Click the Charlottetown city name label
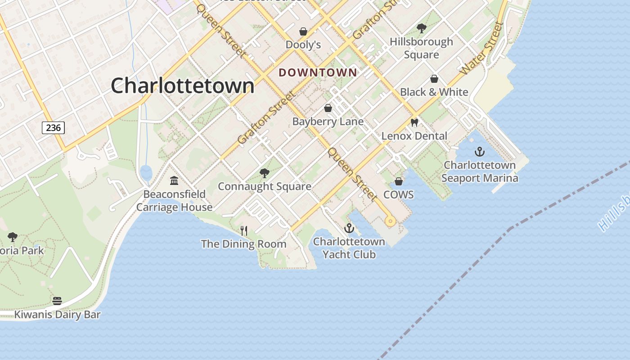click(x=182, y=85)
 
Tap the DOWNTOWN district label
click(x=318, y=72)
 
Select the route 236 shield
click(x=54, y=128)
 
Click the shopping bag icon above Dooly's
click(x=303, y=31)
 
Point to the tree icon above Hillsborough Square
click(x=421, y=28)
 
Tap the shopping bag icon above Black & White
click(x=434, y=79)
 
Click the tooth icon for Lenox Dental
click(x=414, y=122)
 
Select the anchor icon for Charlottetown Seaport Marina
click(x=480, y=152)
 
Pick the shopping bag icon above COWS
click(x=398, y=181)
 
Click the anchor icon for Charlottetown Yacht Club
click(x=349, y=229)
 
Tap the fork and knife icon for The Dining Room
click(x=244, y=230)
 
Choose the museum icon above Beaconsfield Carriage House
click(x=174, y=181)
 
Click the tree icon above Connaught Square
click(x=265, y=173)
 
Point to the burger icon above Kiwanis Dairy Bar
click(x=57, y=301)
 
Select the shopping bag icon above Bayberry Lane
click(x=328, y=108)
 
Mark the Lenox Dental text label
click(x=414, y=136)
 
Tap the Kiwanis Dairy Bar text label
click(x=57, y=314)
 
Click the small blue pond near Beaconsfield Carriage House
click(x=146, y=172)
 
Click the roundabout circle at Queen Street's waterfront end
click(x=390, y=220)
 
